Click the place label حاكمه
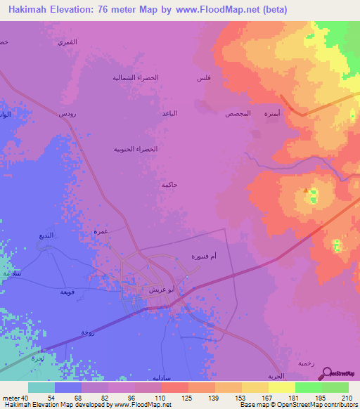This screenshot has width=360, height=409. click(168, 184)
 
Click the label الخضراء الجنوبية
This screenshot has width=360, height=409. click(136, 149)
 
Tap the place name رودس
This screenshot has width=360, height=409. click(67, 113)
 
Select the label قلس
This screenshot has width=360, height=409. click(202, 77)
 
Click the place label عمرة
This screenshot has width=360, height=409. click(100, 231)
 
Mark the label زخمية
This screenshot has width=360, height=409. click(305, 363)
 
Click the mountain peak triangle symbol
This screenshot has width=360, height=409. click(304, 190)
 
